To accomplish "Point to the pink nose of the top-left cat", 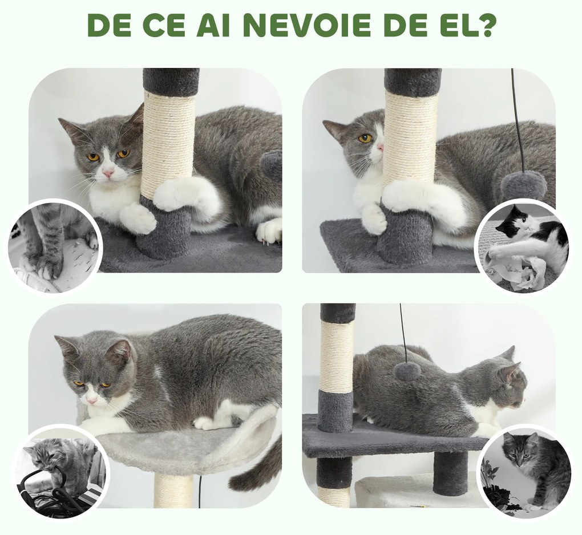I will coord(108,172).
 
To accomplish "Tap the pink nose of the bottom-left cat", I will coord(91,400).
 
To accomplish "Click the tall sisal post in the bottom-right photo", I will coord(337,356).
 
